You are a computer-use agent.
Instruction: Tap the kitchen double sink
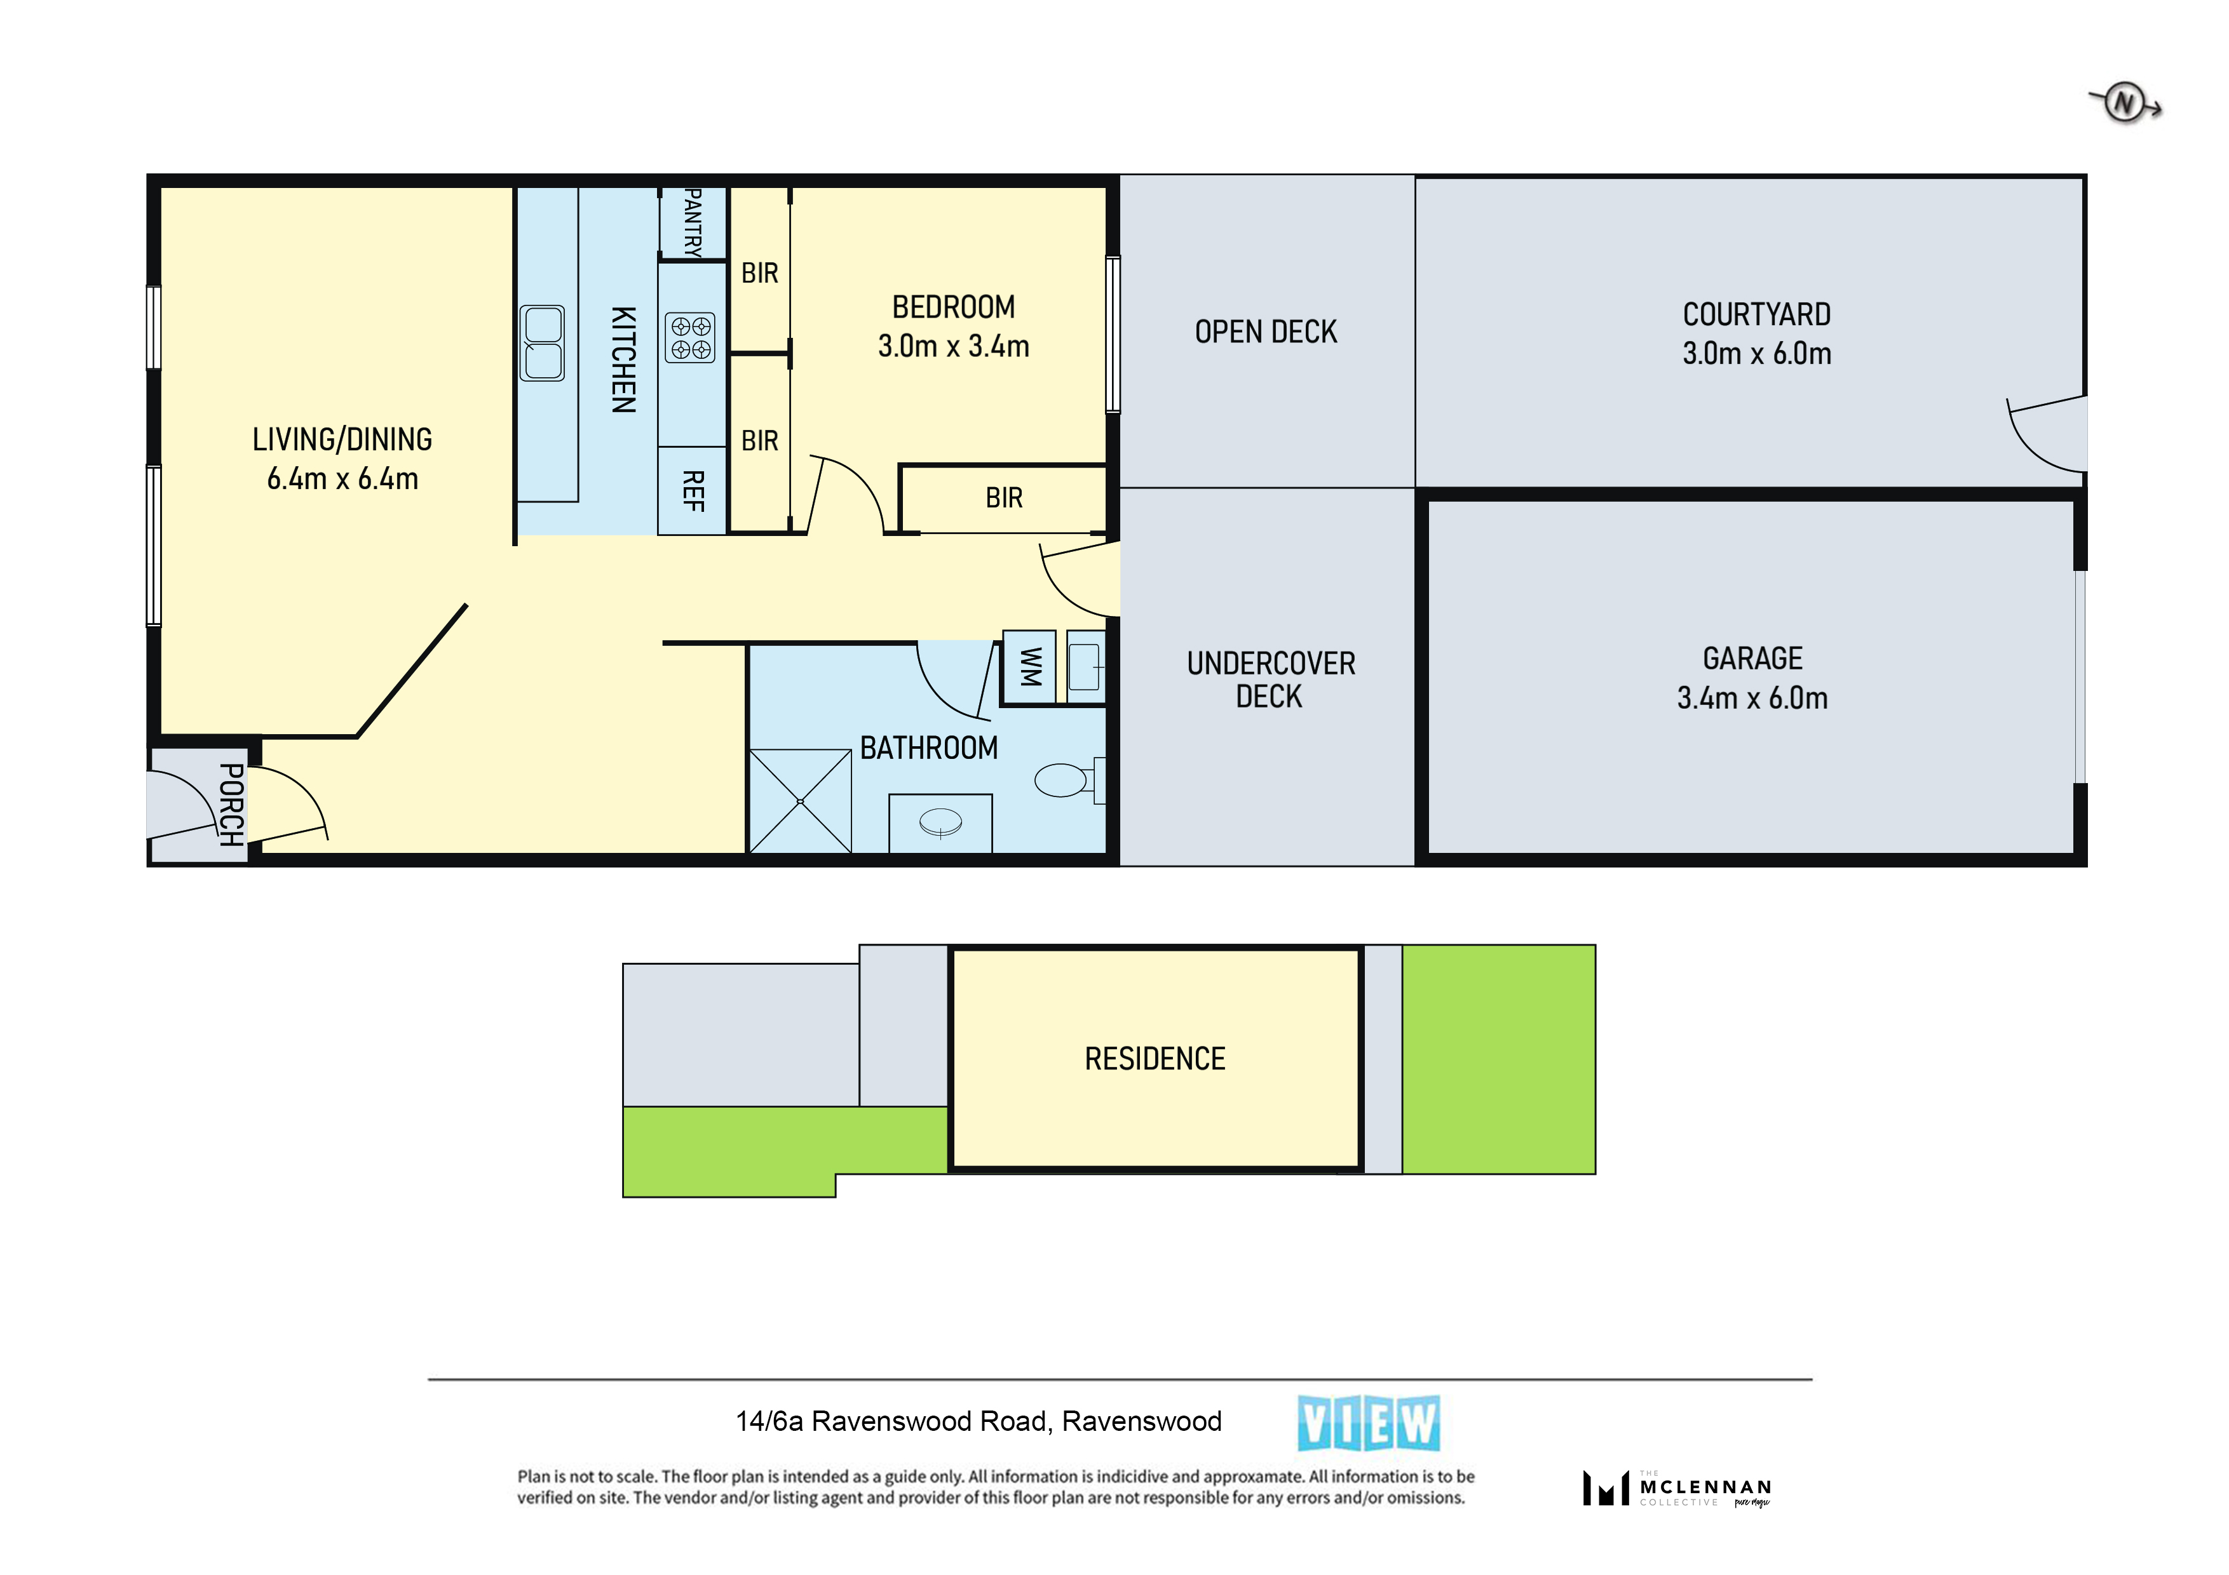(x=542, y=342)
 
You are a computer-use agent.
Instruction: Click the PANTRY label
(x=692, y=222)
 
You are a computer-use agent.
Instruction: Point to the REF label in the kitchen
(x=692, y=491)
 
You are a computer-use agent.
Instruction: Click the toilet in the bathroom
(x=1069, y=779)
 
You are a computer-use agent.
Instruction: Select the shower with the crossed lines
(x=800, y=801)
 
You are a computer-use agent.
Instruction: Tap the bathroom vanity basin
(x=940, y=824)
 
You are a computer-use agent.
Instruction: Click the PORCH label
(x=231, y=805)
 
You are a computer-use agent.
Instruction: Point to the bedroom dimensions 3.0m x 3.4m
(x=953, y=347)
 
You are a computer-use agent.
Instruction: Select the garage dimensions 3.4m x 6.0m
(x=1752, y=698)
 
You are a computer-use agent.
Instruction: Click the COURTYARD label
(x=1756, y=314)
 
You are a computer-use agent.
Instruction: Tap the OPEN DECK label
(x=1266, y=332)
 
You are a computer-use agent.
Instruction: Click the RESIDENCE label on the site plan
(x=1155, y=1059)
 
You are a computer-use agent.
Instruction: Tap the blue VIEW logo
(x=1369, y=1424)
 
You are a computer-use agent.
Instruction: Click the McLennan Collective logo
(x=1677, y=1487)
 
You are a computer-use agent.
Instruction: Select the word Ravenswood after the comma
(x=1142, y=1422)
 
